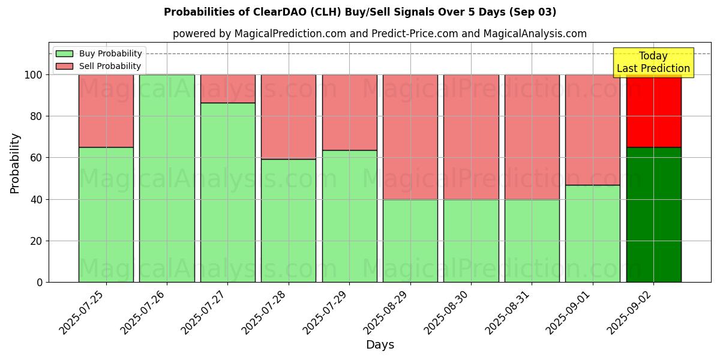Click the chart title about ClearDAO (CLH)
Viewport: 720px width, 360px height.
point(360,12)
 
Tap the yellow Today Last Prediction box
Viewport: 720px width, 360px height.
point(653,62)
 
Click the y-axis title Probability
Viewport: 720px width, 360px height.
point(15,163)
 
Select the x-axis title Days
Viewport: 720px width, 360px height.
point(380,345)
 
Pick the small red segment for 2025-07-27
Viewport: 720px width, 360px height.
point(227,89)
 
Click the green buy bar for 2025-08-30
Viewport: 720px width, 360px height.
point(471,241)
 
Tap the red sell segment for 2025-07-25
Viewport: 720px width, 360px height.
point(106,111)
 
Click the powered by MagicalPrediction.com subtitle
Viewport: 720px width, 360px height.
point(380,34)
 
